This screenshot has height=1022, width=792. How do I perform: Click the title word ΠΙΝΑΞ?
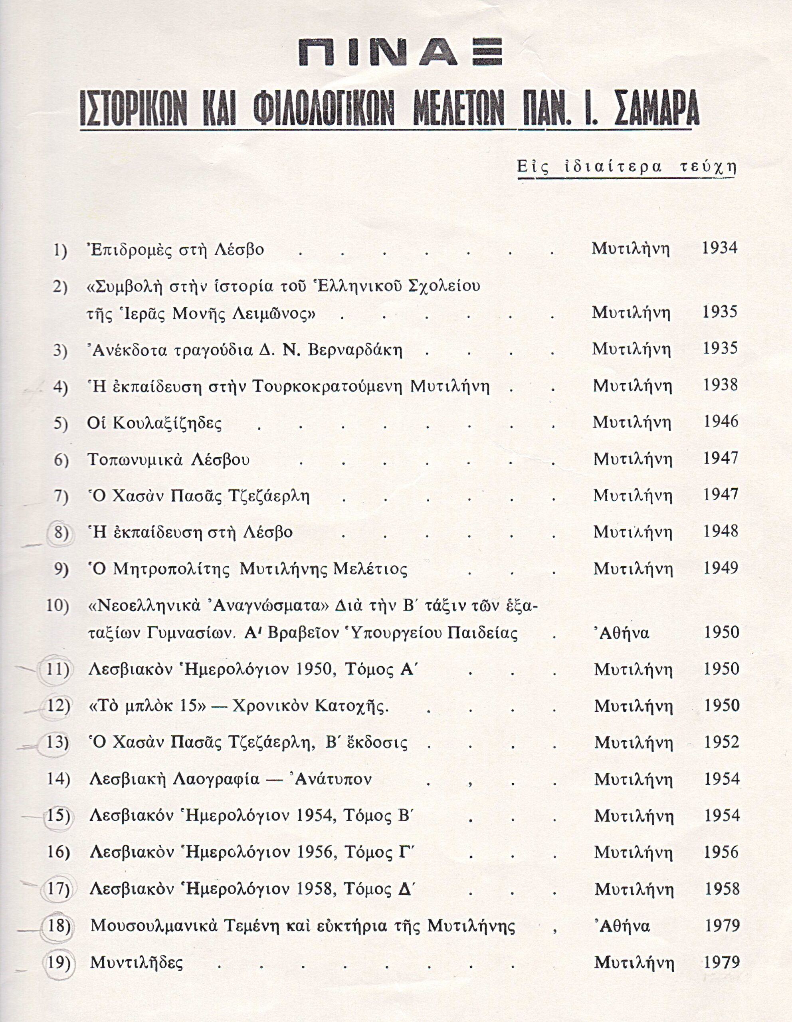point(400,52)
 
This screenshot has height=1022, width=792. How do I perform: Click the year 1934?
point(719,248)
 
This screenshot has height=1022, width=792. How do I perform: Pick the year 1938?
point(721,385)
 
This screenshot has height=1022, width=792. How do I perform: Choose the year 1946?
point(721,422)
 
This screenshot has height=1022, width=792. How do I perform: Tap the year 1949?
point(721,568)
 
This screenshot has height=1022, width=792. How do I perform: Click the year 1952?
point(722,742)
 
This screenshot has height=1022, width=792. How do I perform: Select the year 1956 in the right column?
point(722,852)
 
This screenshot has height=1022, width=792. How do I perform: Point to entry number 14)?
point(58,779)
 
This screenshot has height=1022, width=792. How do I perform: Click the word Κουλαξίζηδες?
point(154,424)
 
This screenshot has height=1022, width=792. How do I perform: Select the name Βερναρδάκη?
point(355,350)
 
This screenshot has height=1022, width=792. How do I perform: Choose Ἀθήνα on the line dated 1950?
point(624,633)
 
